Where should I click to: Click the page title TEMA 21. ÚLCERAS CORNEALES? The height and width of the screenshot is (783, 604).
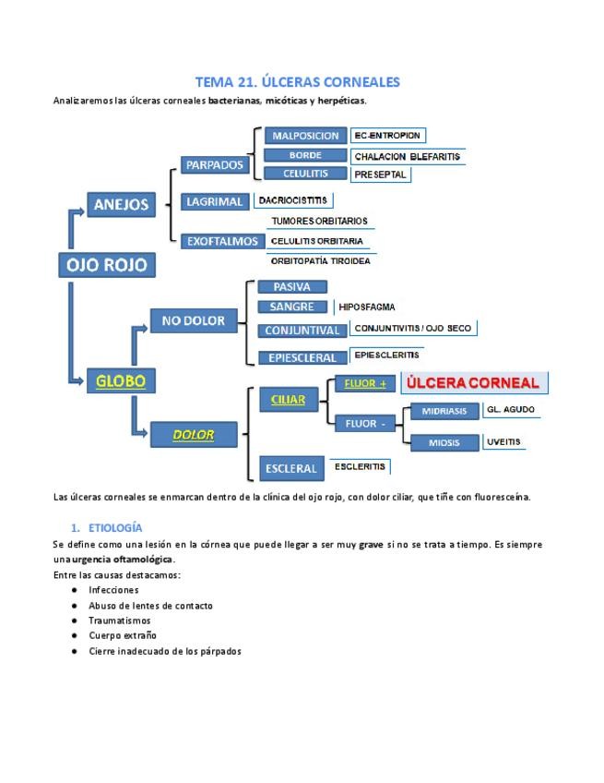coord(297,82)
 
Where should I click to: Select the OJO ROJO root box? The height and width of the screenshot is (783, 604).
coord(106,266)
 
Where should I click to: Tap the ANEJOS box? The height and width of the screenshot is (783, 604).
coord(121,205)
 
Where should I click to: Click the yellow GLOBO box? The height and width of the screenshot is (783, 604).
coord(121,379)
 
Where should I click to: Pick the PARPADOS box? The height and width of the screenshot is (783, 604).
coord(214,165)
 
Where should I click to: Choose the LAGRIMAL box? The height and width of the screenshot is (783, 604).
coord(214,201)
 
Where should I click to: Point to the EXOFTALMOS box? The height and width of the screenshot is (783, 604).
coord(222,241)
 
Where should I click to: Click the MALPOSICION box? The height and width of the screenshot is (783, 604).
coord(305,136)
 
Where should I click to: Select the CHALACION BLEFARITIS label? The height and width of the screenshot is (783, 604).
coord(408,156)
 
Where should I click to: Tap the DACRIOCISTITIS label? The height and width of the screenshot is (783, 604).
coord(292,199)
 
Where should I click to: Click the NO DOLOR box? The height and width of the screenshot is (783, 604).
coord(193,320)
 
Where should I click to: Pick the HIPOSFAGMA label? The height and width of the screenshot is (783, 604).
coord(367,307)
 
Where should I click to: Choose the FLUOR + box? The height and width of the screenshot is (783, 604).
coord(364,383)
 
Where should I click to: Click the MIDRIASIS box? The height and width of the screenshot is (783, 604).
coord(444,411)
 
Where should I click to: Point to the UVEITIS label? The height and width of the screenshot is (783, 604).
coord(503,441)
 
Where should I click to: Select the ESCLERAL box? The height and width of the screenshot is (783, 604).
coord(290,468)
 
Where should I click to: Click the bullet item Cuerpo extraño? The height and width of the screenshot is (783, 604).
coord(123,635)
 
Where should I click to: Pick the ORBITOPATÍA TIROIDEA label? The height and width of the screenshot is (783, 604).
coord(320,261)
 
